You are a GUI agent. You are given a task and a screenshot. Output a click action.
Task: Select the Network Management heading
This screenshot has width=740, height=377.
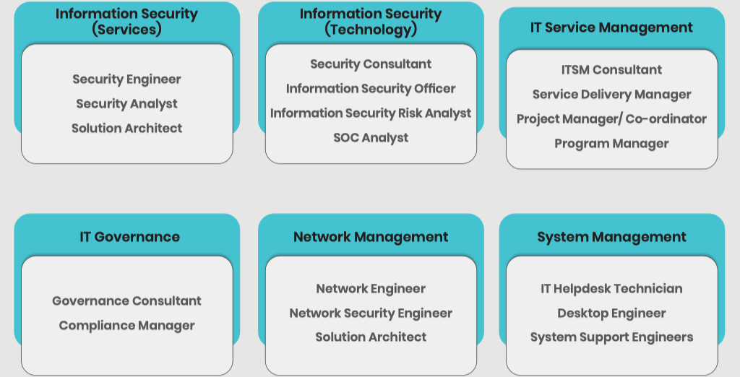(x=371, y=237)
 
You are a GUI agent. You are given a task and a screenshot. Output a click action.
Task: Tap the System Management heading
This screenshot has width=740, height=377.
(x=611, y=237)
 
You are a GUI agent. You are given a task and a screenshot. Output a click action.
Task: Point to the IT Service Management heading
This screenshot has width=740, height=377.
(x=611, y=27)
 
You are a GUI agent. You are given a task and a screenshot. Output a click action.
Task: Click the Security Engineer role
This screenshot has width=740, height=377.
(x=126, y=79)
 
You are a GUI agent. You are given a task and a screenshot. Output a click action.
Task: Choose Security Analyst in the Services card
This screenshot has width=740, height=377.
(x=126, y=104)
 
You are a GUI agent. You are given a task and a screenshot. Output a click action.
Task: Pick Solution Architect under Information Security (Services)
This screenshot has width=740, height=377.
(x=126, y=129)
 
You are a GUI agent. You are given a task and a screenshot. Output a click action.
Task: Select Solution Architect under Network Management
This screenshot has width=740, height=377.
(x=371, y=337)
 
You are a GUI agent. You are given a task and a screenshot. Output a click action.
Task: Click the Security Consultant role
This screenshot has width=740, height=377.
(x=371, y=64)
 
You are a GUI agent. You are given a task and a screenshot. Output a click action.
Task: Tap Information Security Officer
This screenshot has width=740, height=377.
(x=371, y=89)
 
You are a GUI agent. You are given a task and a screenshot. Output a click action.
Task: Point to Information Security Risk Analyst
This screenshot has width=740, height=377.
(x=371, y=113)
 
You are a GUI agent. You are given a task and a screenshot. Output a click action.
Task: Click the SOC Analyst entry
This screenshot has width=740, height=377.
(x=371, y=138)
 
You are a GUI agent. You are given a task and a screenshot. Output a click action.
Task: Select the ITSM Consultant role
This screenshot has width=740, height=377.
(x=611, y=70)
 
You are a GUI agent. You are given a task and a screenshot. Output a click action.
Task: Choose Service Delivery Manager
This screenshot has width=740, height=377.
(x=611, y=95)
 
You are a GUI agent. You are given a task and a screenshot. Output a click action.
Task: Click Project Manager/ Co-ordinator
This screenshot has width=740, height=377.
(x=611, y=119)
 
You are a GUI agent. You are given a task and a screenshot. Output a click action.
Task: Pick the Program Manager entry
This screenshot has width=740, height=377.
(x=611, y=144)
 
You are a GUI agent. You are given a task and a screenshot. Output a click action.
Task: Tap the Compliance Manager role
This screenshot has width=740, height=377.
(x=126, y=326)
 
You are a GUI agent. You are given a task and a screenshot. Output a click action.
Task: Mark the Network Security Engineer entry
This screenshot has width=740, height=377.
(x=371, y=313)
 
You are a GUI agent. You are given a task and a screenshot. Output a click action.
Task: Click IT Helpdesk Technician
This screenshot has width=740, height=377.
(x=611, y=289)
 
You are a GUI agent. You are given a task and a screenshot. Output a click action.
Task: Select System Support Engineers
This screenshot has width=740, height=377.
(x=611, y=337)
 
